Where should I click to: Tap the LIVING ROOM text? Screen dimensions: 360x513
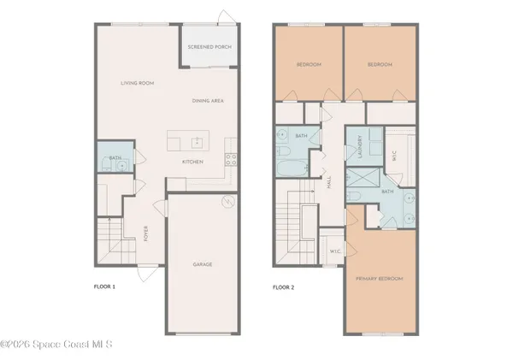(135, 83)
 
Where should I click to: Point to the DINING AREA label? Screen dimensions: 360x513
(208, 100)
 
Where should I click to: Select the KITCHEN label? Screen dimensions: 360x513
(192, 161)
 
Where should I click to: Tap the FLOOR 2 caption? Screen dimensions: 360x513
(282, 286)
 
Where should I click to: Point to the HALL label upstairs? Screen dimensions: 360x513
(328, 182)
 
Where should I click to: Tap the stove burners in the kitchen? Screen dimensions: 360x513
(229, 157)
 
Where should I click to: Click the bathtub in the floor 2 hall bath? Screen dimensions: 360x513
(286, 168)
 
